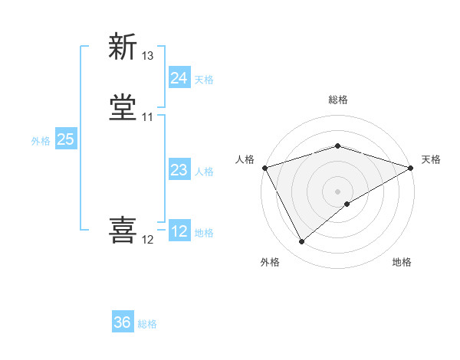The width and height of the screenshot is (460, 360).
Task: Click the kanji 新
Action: point(123,47)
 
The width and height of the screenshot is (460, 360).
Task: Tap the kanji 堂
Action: point(123,108)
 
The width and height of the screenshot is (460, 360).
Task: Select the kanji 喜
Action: point(123,231)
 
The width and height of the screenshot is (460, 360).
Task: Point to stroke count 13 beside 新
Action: point(148,56)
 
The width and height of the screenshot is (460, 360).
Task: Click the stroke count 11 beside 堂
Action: point(148,117)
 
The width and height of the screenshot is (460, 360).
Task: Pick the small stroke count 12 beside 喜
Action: point(148,240)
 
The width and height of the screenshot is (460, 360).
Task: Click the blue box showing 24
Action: point(179,78)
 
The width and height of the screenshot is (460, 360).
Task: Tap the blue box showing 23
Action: point(179,170)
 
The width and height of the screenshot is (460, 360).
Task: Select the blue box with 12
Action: point(179,231)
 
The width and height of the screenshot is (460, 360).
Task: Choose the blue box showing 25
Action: point(65,139)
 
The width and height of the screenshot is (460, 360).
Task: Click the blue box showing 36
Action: point(123,322)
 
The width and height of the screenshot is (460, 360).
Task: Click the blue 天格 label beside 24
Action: point(204,80)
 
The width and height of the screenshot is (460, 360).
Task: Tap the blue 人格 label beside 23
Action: point(204,172)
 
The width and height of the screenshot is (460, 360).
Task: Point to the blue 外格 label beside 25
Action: point(41,141)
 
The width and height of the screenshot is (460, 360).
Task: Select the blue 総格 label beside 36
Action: point(147,324)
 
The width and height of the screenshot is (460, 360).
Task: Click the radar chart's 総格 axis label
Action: point(337,100)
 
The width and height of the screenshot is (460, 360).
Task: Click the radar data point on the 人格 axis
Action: point(264,167)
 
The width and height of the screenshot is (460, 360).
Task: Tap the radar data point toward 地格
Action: point(347,204)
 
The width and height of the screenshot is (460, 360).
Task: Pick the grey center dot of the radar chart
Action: point(337,191)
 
